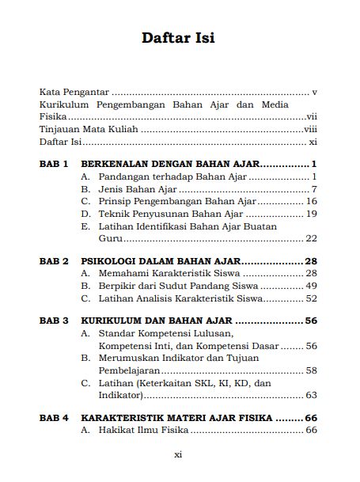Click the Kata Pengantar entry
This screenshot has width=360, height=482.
pos(75,92)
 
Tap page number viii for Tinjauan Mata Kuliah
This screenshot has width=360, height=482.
pos(310,130)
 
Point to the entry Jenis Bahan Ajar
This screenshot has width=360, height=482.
pos(137,189)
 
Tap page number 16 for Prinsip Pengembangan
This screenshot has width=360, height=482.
pos(311,202)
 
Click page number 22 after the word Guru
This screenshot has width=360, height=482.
pos(311,238)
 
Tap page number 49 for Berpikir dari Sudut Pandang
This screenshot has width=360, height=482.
pos(311,286)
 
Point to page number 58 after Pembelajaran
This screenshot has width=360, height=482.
pos(311,370)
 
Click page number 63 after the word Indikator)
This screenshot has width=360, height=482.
pos(311,395)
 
